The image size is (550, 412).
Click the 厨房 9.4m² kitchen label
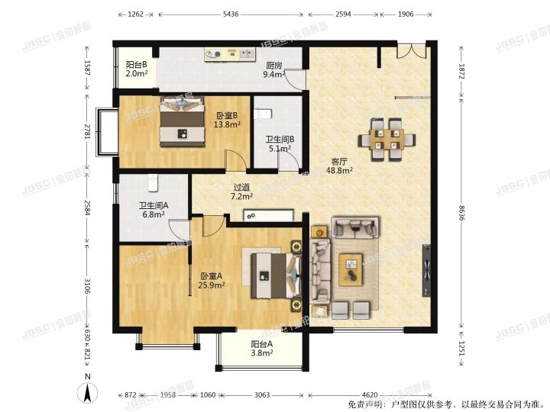(x=274, y=70)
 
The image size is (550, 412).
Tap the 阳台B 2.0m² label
(x=137, y=69)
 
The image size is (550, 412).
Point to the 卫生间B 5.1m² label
(x=280, y=144)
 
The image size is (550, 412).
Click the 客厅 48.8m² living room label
(x=341, y=166)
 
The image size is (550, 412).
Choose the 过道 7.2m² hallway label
(x=242, y=192)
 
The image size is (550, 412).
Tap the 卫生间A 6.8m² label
(x=153, y=211)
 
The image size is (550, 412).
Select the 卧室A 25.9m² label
(x=212, y=281)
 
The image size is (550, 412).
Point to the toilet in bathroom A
(x=152, y=182)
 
